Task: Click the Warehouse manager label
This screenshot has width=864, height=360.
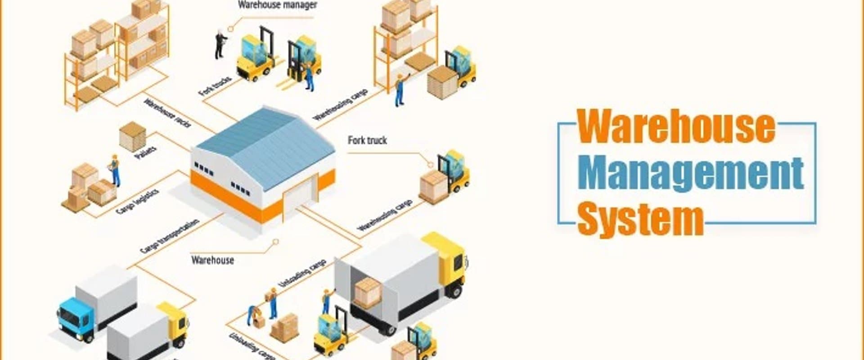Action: click(277, 5)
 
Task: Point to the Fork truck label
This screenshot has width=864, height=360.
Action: click(367, 140)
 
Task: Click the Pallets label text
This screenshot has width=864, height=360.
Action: click(146, 152)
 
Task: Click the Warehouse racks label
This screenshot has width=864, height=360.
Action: click(167, 113)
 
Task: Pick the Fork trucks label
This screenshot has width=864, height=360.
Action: click(215, 86)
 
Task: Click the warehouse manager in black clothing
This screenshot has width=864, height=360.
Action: click(220, 44)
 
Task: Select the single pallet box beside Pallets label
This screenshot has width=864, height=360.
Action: click(132, 136)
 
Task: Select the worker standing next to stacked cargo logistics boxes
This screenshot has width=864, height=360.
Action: click(115, 170)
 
